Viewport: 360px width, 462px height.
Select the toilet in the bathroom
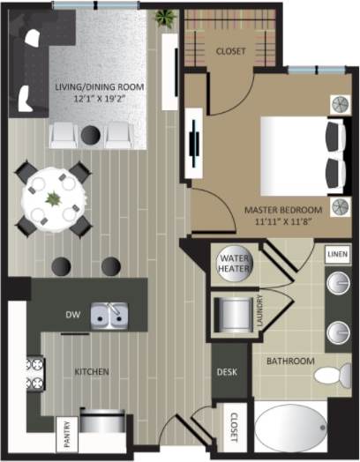[x=329, y=374]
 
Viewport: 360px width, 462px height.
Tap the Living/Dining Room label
[x=99, y=87]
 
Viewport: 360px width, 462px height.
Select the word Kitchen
[x=92, y=372]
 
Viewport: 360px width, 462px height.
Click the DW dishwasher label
[x=73, y=314]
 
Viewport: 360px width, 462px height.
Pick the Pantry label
[x=67, y=432]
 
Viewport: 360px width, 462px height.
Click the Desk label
[x=226, y=372]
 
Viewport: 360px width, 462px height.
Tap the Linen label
[x=336, y=254]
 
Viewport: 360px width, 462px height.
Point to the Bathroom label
[x=290, y=361]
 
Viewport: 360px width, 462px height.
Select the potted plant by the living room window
[x=164, y=18]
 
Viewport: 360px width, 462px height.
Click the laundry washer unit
[x=233, y=313]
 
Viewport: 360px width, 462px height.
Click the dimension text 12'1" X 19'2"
[x=99, y=100]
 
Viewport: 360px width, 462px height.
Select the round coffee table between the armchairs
[x=91, y=134]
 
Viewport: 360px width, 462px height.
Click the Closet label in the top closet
[x=231, y=51]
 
